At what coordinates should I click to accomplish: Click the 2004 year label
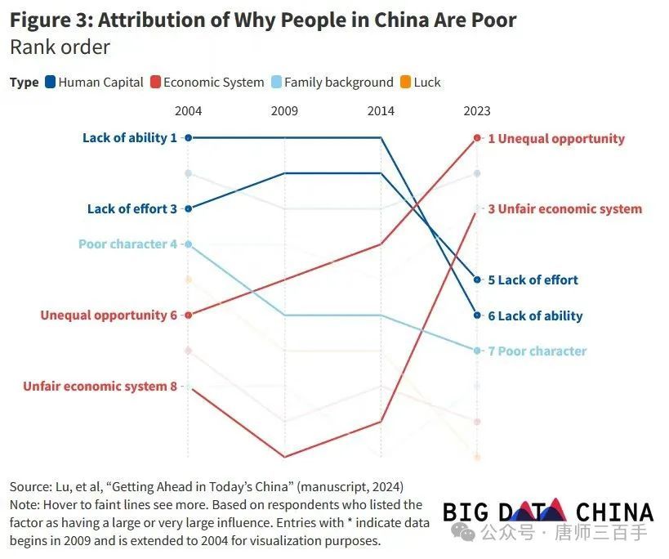189,111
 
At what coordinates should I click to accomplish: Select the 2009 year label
284,111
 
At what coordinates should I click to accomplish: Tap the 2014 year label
381,111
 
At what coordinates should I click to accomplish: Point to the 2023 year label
477,111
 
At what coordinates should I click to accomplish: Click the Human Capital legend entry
95,82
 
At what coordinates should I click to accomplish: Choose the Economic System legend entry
207,82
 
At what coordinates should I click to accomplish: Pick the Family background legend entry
332,82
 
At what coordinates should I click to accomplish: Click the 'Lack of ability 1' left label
129,138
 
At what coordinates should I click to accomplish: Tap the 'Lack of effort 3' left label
132,209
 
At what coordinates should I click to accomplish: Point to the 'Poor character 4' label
127,244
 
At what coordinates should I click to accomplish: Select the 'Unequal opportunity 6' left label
109,315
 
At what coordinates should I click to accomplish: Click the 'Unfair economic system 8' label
100,387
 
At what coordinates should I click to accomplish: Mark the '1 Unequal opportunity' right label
555,139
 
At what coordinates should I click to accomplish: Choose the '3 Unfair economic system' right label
564,209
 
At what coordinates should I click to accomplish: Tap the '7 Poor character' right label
537,351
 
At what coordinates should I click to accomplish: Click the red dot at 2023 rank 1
477,138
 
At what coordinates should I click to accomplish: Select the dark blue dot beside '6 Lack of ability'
477,315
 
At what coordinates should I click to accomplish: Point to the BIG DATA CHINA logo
548,512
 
